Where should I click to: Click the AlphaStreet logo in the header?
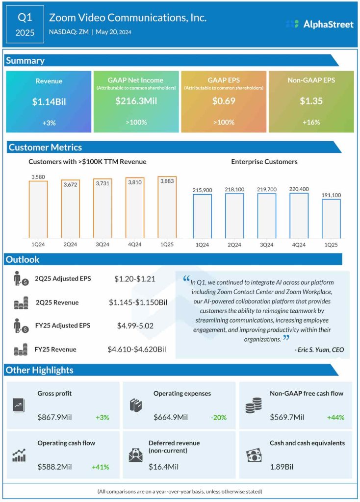319,24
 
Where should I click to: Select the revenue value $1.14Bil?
49,101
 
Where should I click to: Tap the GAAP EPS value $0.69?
224,101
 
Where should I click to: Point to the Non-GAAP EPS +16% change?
311,122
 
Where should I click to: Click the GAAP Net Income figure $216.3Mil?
136,101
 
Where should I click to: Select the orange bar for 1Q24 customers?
38,209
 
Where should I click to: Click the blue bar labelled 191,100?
331,219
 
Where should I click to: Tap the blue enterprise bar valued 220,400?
299,216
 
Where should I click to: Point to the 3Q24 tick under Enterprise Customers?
267,245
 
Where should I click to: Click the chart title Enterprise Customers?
264,161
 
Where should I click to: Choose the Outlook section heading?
23,259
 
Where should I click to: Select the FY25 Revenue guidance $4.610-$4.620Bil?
137,350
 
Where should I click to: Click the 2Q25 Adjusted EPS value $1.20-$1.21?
135,279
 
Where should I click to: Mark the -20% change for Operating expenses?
219,417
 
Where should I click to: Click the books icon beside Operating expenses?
136,405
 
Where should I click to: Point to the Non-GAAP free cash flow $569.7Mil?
287,417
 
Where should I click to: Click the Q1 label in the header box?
25,18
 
